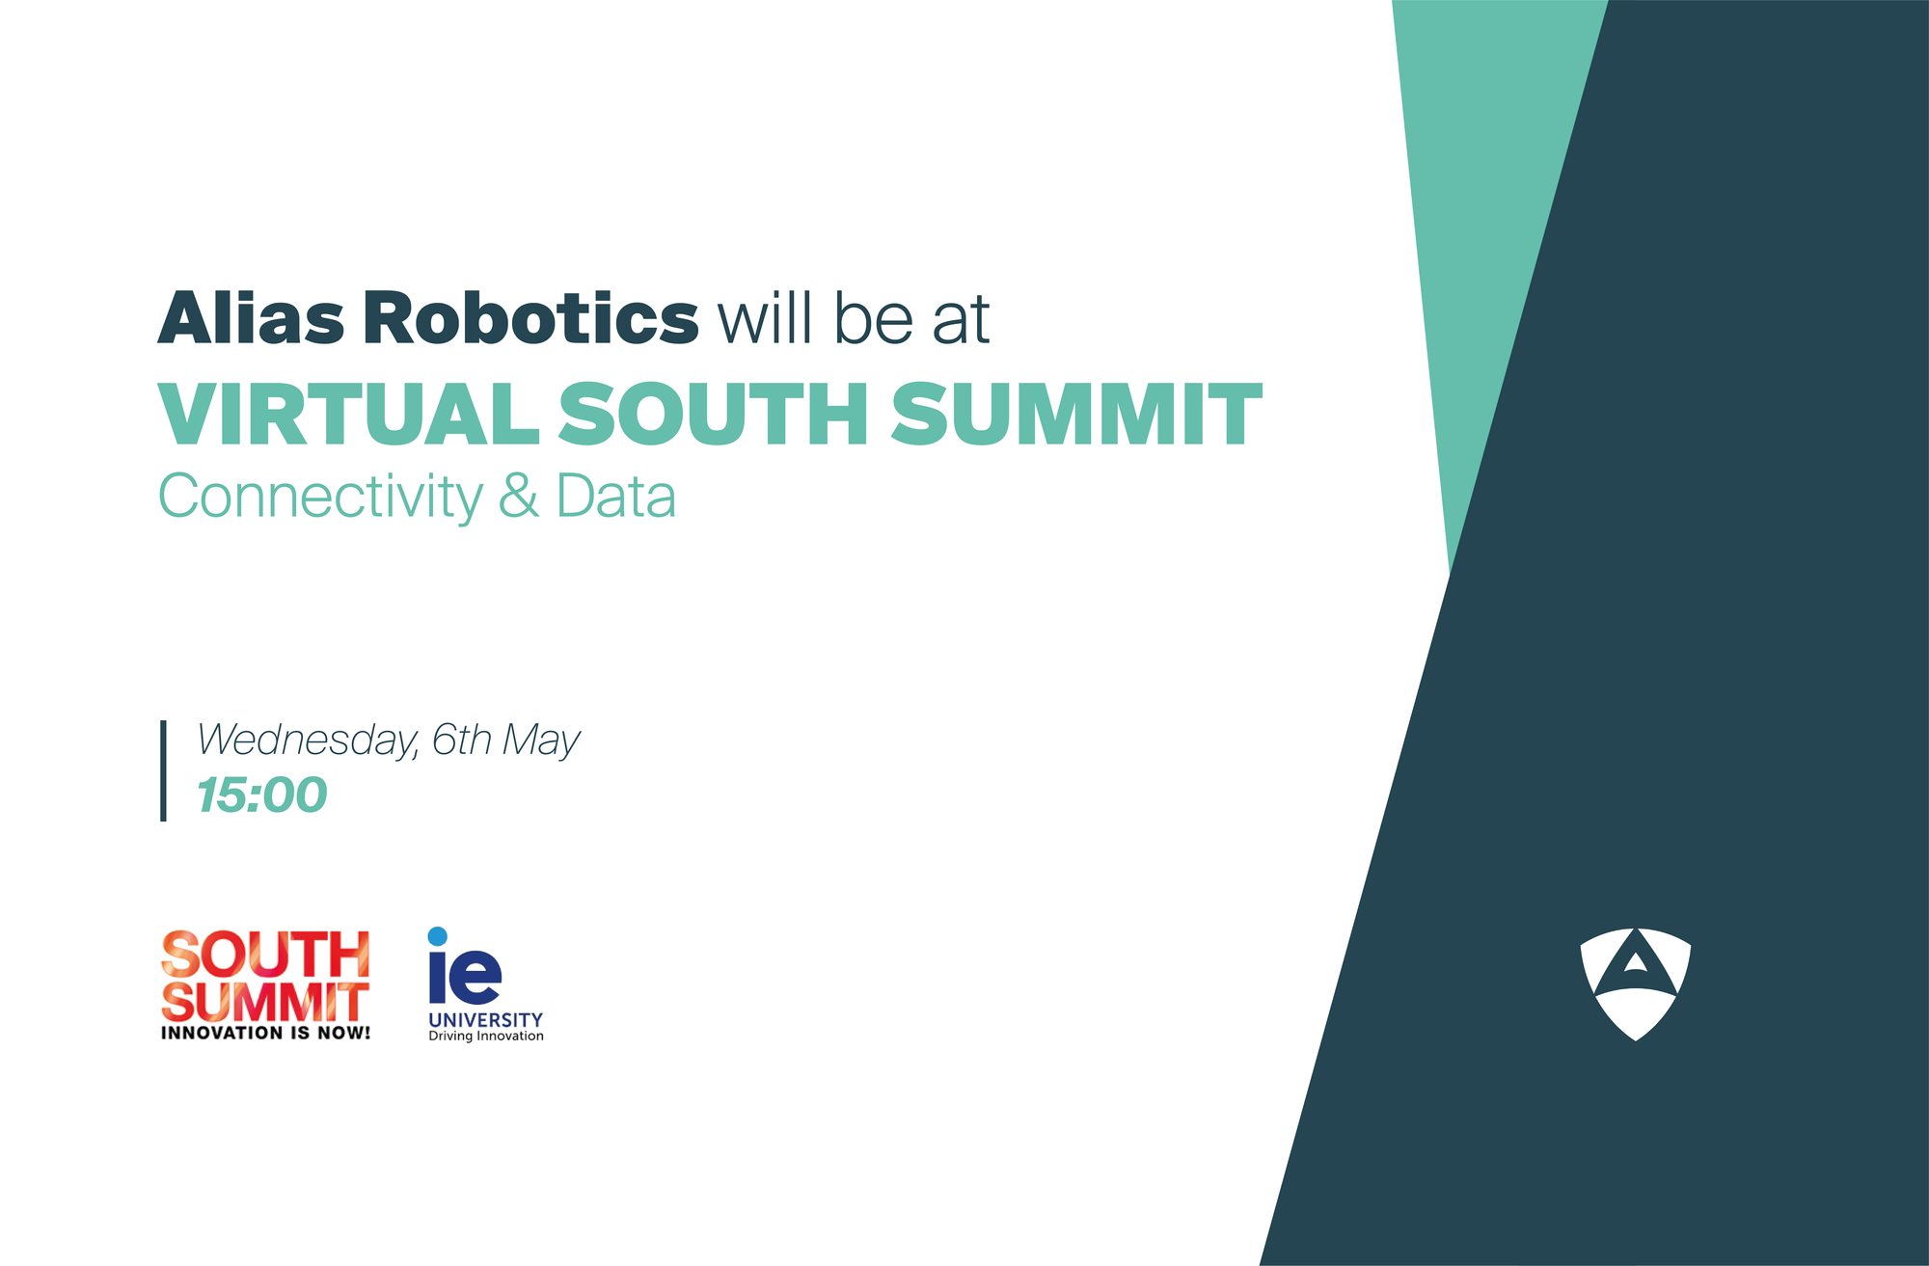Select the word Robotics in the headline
tap(530, 318)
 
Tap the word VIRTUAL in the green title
tap(348, 415)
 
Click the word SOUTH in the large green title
tap(714, 415)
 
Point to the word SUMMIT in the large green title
tap(1075, 415)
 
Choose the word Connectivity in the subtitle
tap(320, 498)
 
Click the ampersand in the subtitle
tap(519, 498)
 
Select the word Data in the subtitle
tap(615, 498)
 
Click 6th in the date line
tap(462, 741)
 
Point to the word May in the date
tap(541, 741)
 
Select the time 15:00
tap(262, 795)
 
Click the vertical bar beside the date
tap(163, 770)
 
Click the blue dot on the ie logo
tap(437, 936)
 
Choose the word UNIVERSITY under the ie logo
tap(485, 1019)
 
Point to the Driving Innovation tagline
tap(486, 1037)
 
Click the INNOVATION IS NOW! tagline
tap(265, 1033)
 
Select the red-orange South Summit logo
tap(265, 976)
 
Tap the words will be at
tap(854, 318)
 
